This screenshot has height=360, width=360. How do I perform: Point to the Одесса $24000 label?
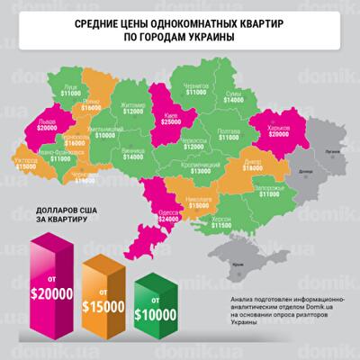(168, 215)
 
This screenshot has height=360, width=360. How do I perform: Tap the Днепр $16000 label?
(252, 163)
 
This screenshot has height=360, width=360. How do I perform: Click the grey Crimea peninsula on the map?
(236, 261)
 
